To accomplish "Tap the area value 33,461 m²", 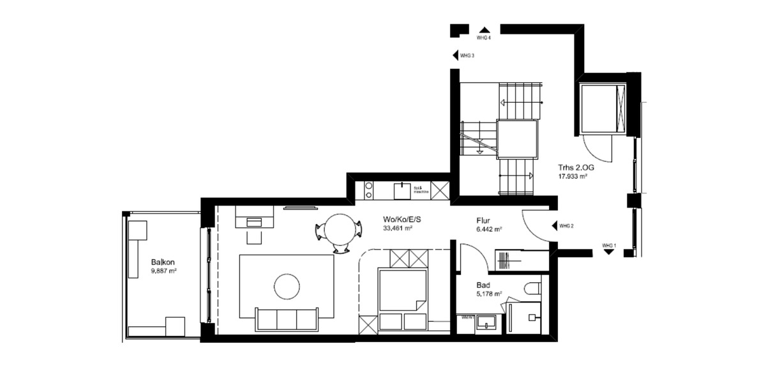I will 396,228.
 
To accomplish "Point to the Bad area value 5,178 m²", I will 489,294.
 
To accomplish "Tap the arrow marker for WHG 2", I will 553,226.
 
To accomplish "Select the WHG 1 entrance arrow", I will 609,252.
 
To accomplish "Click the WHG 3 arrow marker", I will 455,56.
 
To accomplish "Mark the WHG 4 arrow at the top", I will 484,29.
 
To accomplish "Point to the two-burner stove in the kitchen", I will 368,189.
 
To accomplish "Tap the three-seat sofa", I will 287,319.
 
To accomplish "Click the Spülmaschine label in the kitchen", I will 419,189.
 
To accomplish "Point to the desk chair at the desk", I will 255,236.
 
